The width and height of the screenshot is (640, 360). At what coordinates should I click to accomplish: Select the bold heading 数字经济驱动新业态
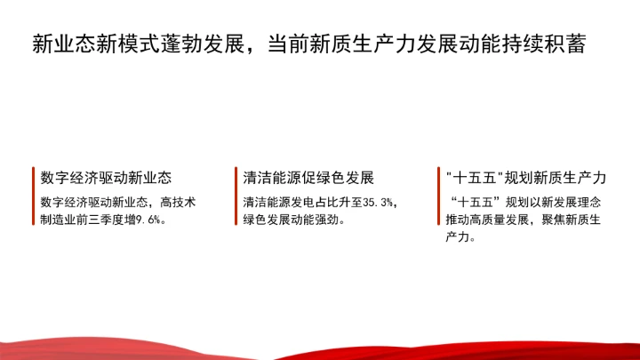click(x=106, y=178)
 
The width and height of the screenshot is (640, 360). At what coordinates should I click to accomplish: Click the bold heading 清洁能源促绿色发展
click(x=308, y=178)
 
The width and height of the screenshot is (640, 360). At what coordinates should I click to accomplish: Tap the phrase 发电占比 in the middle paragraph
click(x=308, y=202)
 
